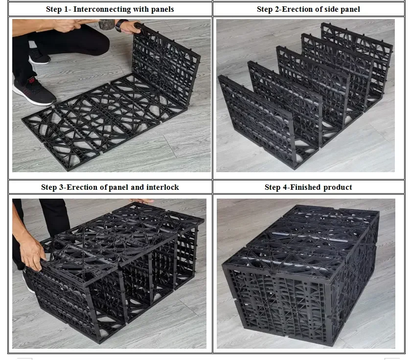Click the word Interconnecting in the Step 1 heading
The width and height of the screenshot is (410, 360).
pyautogui.click(x=102, y=9)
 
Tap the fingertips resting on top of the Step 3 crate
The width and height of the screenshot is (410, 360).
pyautogui.click(x=145, y=201)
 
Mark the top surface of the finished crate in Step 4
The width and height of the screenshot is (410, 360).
pyautogui.click(x=301, y=241)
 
